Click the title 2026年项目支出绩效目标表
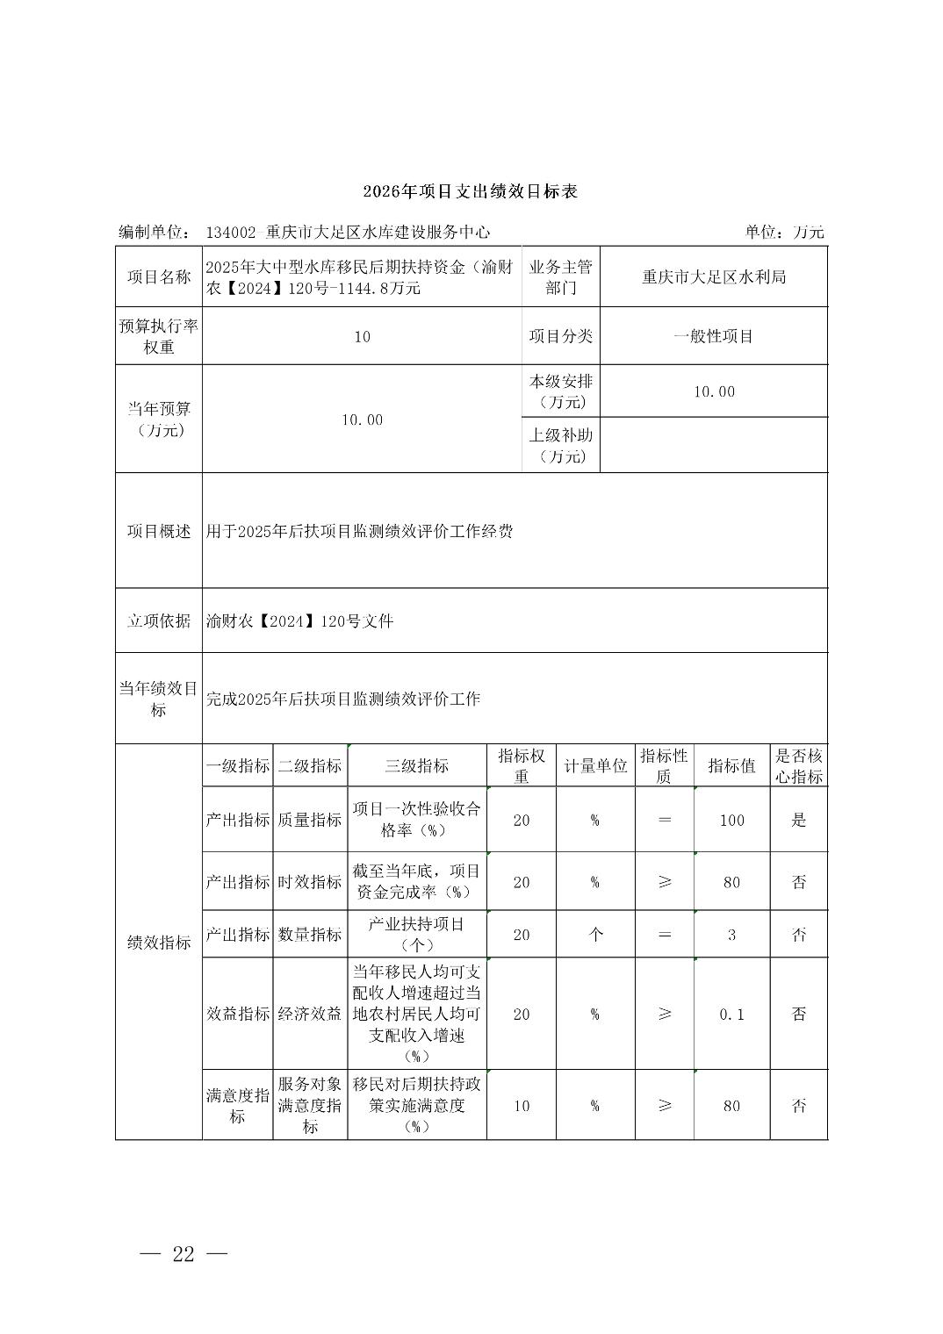point(471,191)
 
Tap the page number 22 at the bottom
point(184,1253)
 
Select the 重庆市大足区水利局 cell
point(714,277)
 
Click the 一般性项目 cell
point(714,336)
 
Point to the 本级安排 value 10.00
point(714,391)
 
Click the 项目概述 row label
point(159,531)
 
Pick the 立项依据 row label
point(159,620)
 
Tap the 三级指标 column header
point(417,765)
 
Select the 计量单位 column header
point(595,765)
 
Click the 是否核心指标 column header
point(799,765)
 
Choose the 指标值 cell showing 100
point(731,820)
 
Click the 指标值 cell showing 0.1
point(731,1014)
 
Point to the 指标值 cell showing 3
point(731,935)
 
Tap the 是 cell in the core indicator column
point(799,820)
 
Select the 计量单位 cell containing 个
point(595,935)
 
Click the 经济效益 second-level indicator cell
point(310,1014)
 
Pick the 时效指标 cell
point(310,882)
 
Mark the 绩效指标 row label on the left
point(159,943)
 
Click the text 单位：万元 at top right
point(784,232)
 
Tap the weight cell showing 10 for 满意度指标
point(522,1106)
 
